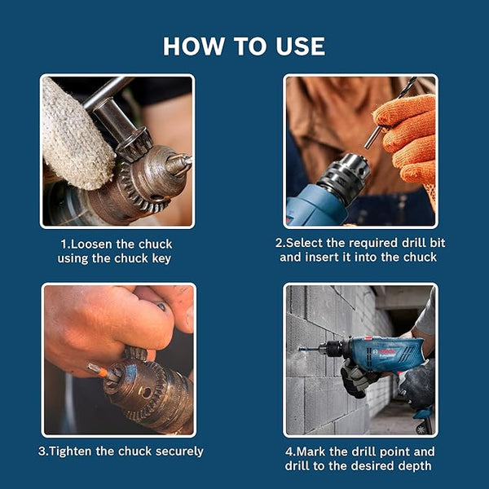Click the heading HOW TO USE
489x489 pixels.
point(244,46)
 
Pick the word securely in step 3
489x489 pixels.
point(175,451)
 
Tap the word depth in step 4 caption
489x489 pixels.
point(414,465)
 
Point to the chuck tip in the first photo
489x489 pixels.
point(181,164)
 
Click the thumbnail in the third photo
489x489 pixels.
point(162,306)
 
